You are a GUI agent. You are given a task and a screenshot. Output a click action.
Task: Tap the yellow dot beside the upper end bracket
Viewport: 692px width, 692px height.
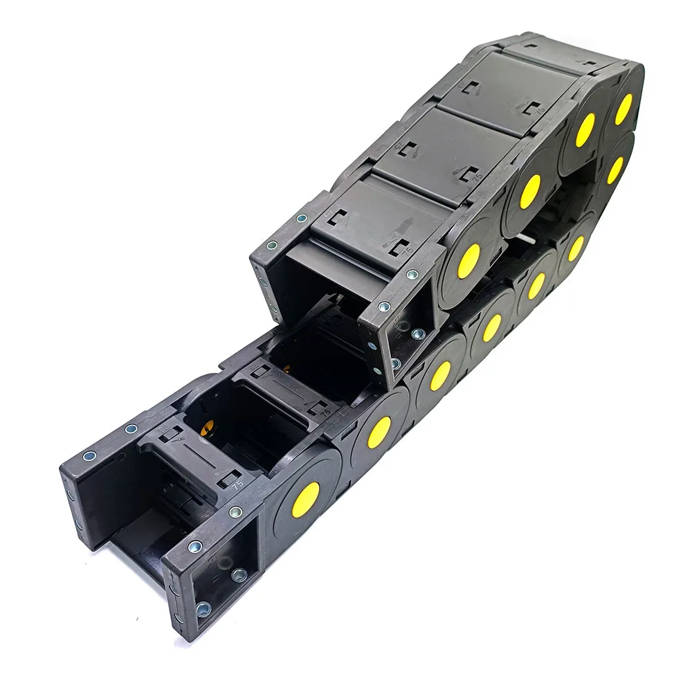468,261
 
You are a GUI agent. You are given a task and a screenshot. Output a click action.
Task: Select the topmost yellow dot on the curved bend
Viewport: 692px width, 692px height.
623,109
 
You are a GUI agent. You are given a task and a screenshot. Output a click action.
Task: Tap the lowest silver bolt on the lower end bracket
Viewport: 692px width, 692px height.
203,609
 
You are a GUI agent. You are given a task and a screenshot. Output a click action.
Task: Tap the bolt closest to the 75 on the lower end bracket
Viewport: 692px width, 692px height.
236,512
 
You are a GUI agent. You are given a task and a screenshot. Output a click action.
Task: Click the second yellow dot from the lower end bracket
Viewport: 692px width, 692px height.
379,432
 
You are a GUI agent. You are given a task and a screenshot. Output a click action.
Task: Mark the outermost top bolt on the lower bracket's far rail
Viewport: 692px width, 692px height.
89,456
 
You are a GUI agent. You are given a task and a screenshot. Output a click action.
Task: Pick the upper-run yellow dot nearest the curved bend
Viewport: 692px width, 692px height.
585,129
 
